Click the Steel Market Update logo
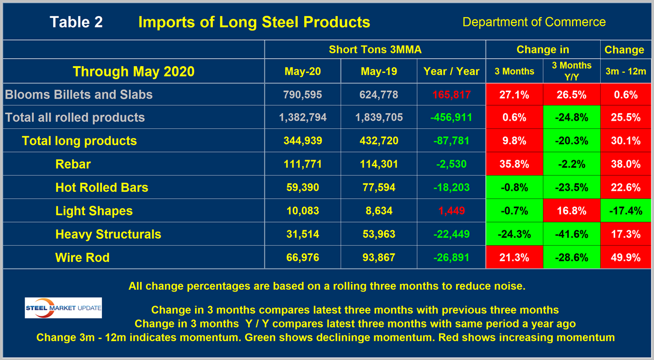pyautogui.click(x=63, y=308)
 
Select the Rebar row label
pyautogui.click(x=74, y=164)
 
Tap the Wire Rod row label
pyautogui.click(x=82, y=258)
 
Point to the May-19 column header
pyautogui.click(x=378, y=71)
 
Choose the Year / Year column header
pyautogui.click(x=451, y=71)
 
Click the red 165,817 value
pyautogui.click(x=451, y=95)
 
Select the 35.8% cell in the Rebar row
pyautogui.click(x=514, y=164)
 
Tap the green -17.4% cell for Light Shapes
pyautogui.click(x=624, y=211)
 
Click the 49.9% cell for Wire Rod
pyautogui.click(x=624, y=258)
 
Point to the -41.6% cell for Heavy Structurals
pyautogui.click(x=571, y=234)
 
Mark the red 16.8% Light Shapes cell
pyautogui.click(x=571, y=211)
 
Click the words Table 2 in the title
pyautogui.click(x=76, y=22)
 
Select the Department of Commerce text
pyautogui.click(x=534, y=22)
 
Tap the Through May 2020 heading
pyautogui.click(x=134, y=71)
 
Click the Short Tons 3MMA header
pyautogui.click(x=375, y=50)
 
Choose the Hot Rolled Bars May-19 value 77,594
pyautogui.click(x=378, y=188)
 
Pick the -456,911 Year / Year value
pyautogui.click(x=451, y=118)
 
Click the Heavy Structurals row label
pyautogui.click(x=108, y=234)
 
